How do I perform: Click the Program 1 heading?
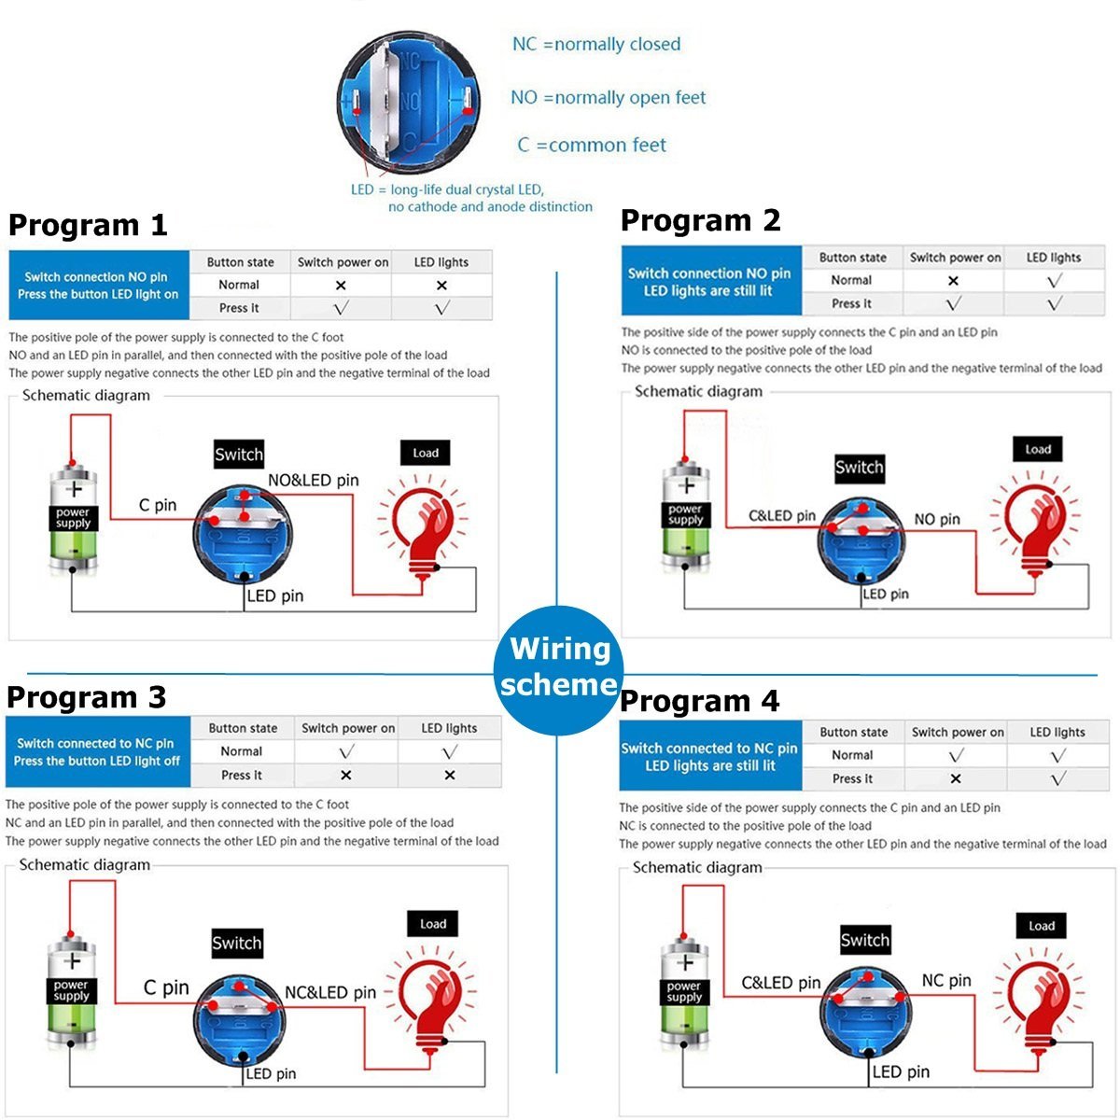tap(88, 225)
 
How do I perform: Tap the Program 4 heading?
tap(699, 701)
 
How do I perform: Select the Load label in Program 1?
tap(426, 454)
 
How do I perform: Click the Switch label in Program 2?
tap(859, 468)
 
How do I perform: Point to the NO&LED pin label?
tap(314, 481)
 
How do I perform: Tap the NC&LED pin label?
tap(330, 993)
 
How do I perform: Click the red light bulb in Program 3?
tap(432, 1003)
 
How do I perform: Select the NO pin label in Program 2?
tap(937, 520)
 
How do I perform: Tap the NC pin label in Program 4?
tap(946, 981)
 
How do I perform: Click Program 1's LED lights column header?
tap(441, 262)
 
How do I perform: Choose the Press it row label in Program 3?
tap(242, 775)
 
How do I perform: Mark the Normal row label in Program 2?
tap(851, 280)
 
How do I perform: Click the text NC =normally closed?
tap(596, 44)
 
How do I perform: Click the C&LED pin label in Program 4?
tap(781, 983)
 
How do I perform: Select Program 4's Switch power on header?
tap(958, 733)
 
